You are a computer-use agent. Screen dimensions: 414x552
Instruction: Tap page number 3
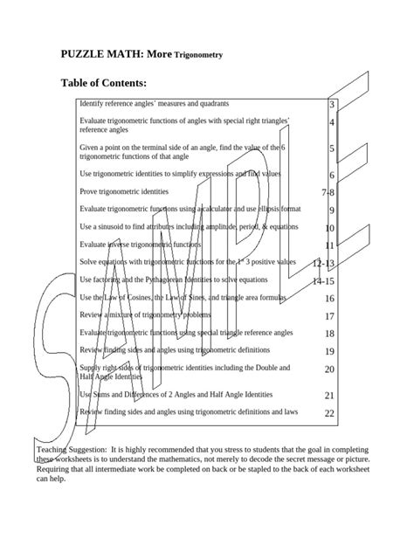[x=332, y=105]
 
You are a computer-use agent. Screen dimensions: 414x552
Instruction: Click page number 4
[x=332, y=123]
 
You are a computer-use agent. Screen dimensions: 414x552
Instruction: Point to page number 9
[x=332, y=210]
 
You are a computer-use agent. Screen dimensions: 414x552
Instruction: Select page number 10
[x=329, y=228]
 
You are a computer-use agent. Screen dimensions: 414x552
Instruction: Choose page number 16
[x=329, y=298]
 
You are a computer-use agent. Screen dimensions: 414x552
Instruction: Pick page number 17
[x=329, y=316]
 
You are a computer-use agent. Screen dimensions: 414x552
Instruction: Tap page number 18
[x=329, y=334]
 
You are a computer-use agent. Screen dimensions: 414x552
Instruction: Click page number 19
[x=329, y=352]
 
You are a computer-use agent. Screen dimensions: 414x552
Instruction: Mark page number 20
[x=329, y=369]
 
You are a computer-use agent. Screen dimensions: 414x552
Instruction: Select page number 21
[x=329, y=396]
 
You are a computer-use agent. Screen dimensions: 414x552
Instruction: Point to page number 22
[x=329, y=413]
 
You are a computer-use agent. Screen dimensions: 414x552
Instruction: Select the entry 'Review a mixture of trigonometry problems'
[x=145, y=314]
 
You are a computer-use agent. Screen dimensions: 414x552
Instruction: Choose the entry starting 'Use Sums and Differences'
[x=176, y=395]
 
